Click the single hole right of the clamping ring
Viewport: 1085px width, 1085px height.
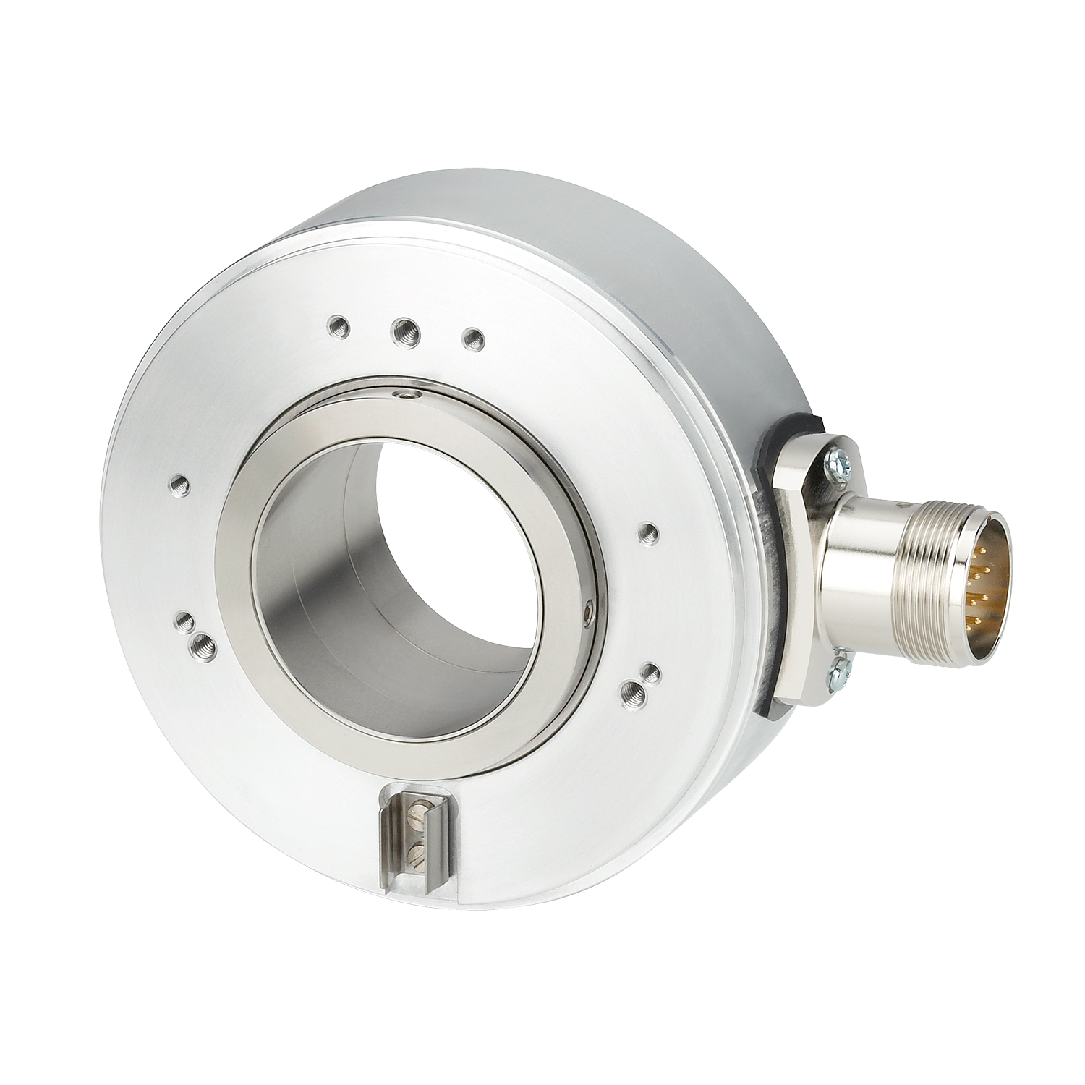648,533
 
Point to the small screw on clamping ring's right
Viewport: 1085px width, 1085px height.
590,612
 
